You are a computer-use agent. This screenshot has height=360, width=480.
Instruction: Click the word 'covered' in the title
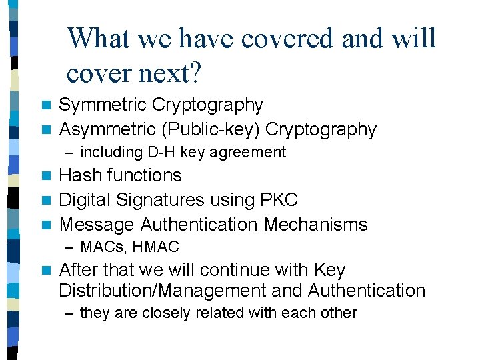point(287,39)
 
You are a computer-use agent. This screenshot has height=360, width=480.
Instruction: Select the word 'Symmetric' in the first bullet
point(103,105)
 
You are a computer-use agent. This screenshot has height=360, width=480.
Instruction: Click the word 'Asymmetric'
point(109,129)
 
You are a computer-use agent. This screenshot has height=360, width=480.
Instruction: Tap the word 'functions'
point(145,176)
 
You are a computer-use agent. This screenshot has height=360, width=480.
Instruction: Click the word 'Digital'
point(86,200)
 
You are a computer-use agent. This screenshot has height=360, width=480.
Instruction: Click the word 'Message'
point(97,225)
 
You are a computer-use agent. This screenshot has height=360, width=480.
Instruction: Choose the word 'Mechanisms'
point(315,225)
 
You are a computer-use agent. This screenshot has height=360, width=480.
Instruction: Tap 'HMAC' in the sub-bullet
point(155,247)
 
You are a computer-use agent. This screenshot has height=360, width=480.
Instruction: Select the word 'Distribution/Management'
point(181,291)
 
